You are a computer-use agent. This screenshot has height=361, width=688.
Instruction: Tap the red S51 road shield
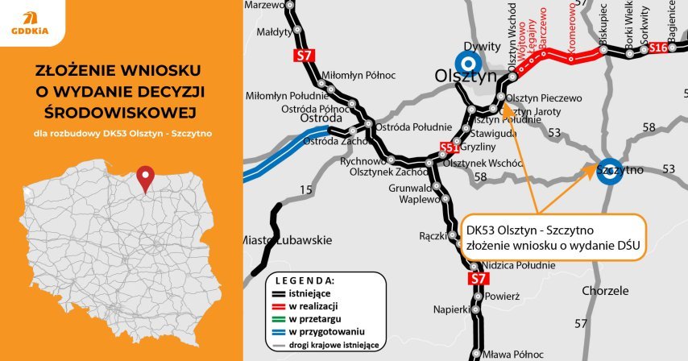450,147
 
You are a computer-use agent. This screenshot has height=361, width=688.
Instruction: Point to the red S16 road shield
658,49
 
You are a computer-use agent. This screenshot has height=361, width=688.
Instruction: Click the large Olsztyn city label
464,76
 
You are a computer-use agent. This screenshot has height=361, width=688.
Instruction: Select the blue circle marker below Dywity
466,61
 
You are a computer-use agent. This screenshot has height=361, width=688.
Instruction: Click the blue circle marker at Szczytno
611,170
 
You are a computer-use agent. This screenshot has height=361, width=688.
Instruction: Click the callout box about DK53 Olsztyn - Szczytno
555,237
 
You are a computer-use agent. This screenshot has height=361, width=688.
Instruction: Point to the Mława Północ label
512,354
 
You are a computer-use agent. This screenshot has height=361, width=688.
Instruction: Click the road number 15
306,189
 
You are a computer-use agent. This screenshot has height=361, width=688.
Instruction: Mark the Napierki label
451,309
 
